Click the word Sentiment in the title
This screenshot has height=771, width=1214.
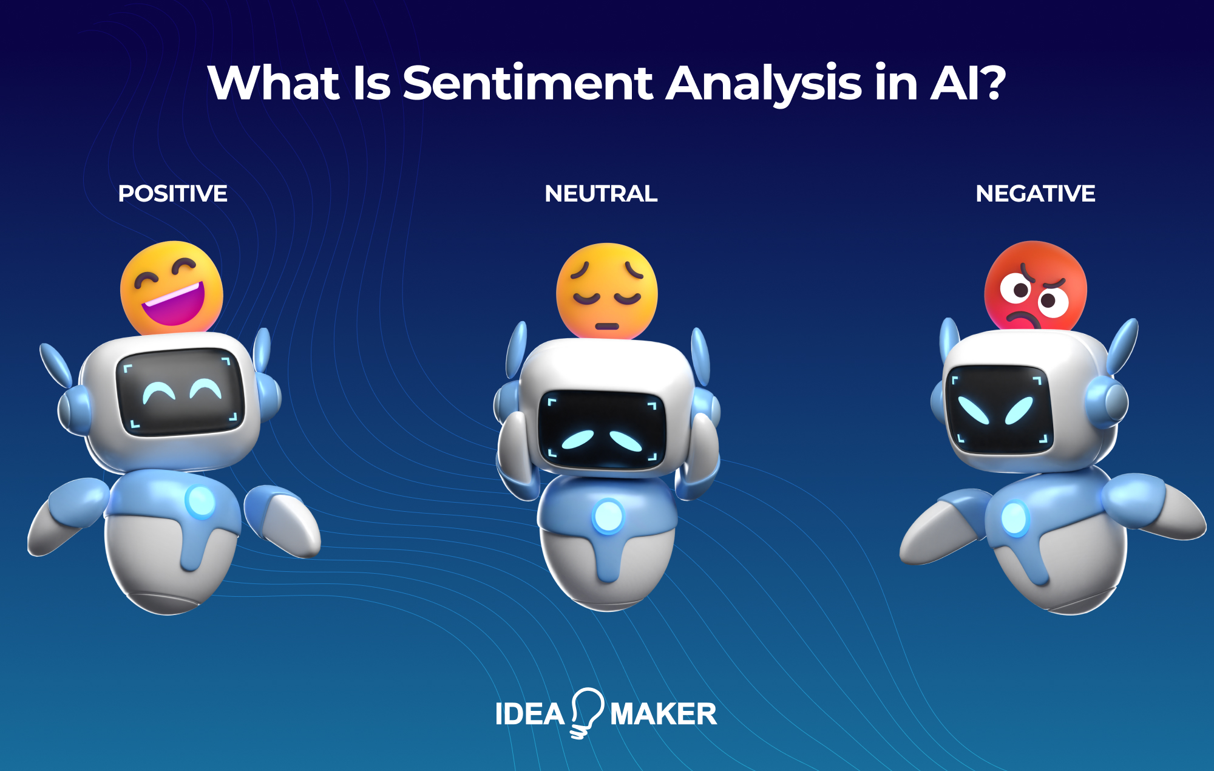click(527, 83)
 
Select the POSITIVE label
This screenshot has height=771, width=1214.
click(172, 194)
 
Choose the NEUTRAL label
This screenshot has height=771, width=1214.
click(601, 194)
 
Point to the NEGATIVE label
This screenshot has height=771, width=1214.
click(1035, 194)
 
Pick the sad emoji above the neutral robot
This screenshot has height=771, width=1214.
click(606, 291)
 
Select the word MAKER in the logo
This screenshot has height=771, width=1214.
click(663, 714)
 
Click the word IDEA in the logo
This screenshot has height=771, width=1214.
click(530, 714)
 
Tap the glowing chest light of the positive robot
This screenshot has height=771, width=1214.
click(200, 501)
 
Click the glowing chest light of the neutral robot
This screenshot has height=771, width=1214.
click(608, 516)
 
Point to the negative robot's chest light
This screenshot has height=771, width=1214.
click(1014, 518)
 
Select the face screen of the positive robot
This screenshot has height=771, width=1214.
click(180, 392)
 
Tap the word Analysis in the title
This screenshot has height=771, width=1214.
click(764, 83)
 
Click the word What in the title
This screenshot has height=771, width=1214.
click(273, 83)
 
